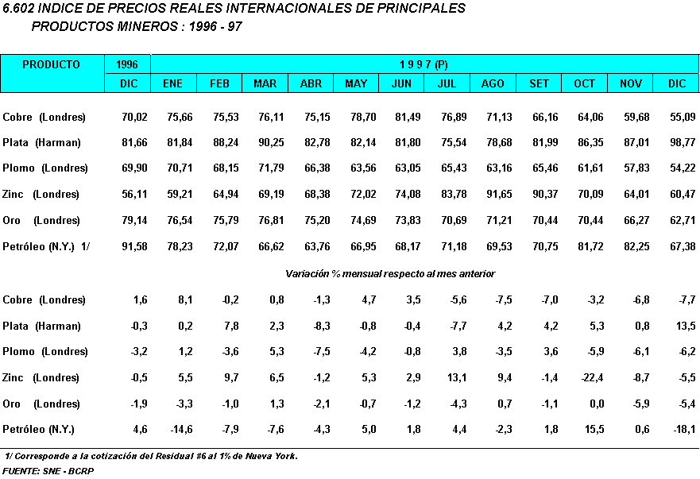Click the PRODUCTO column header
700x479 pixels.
[51, 64]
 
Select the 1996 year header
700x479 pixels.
[127, 64]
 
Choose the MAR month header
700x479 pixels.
[265, 83]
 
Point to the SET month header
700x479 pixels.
[539, 83]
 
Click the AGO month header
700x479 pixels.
[493, 83]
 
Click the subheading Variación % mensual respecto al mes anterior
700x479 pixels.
[389, 273]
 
